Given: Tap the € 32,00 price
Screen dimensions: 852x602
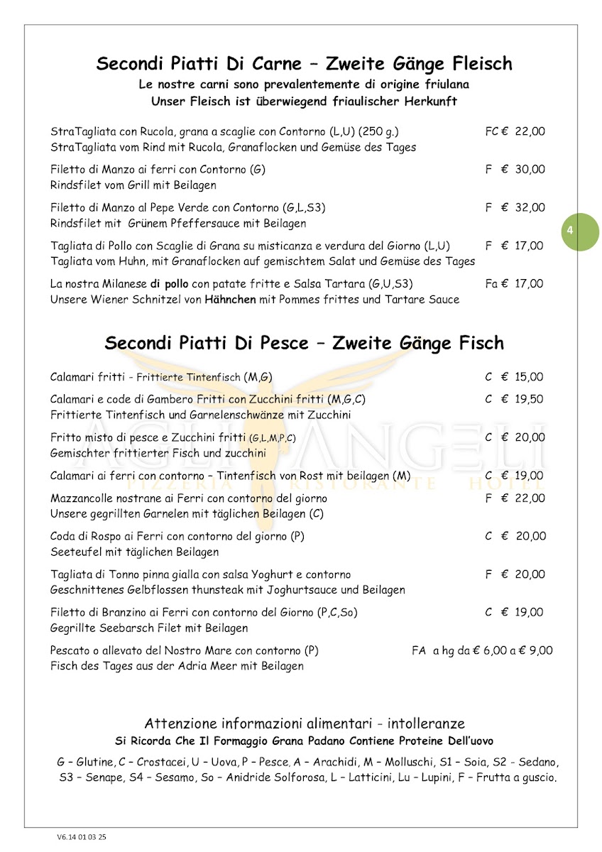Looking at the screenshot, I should pos(523,207).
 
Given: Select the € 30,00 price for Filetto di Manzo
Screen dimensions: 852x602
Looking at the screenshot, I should pos(523,169).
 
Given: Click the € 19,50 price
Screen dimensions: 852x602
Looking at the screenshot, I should pos(523,399).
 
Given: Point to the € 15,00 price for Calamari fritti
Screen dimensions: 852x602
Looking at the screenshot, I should pos(523,377).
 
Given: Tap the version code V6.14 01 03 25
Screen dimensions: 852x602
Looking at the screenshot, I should pos(82,837).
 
